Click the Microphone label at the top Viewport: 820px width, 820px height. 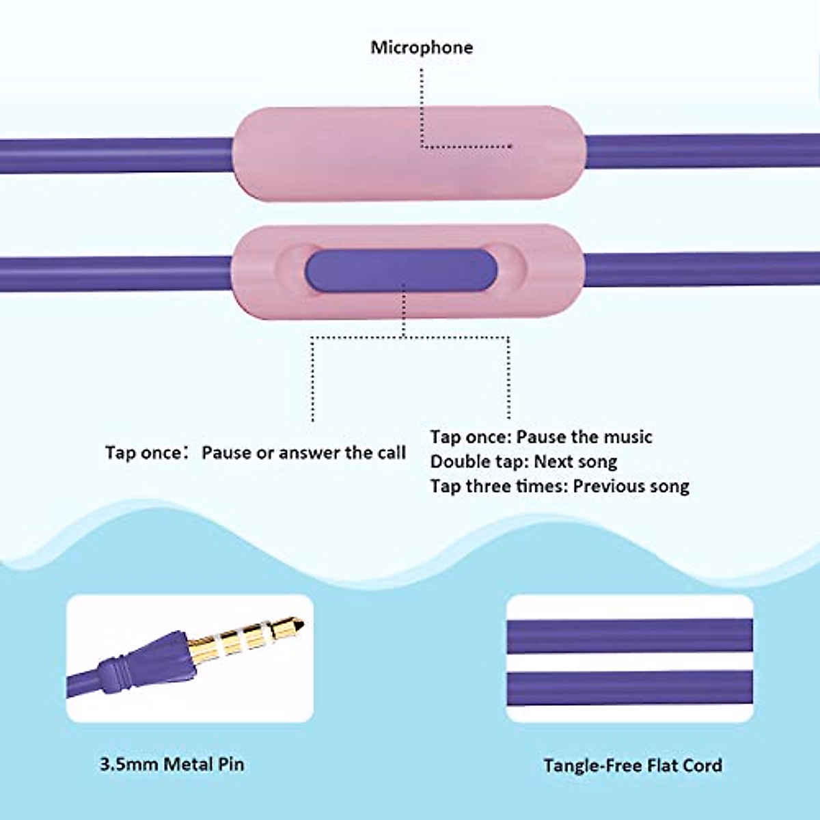click(422, 48)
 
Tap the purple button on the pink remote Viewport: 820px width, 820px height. click(400, 269)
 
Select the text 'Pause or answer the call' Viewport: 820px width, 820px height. click(303, 453)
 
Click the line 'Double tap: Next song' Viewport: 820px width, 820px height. click(523, 462)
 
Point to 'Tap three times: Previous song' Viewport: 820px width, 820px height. click(560, 487)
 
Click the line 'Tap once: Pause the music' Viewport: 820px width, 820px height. click(541, 437)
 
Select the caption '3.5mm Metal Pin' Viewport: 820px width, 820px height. click(172, 764)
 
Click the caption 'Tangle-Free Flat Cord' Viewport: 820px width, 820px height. click(633, 765)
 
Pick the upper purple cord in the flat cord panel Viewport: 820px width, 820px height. click(629, 635)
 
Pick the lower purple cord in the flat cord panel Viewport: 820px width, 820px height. click(629, 687)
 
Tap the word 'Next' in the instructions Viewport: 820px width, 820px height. click(553, 462)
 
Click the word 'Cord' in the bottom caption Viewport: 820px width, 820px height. click(702, 765)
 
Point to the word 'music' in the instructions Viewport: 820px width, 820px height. click(626, 437)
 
